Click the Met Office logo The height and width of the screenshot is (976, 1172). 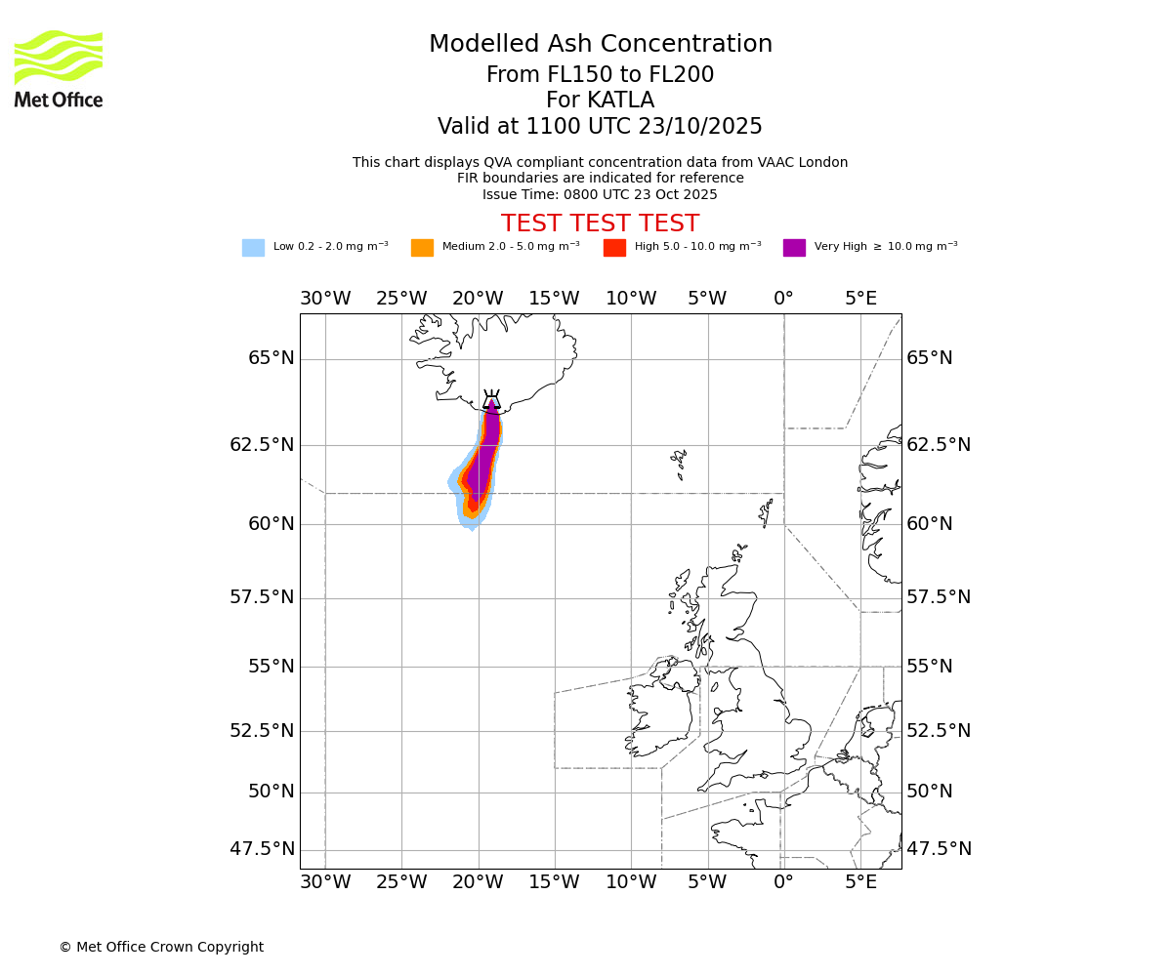[x=59, y=68]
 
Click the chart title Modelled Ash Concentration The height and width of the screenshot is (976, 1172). [x=600, y=45]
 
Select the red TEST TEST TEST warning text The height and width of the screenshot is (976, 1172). [x=600, y=224]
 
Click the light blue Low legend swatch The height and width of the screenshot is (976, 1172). [x=253, y=248]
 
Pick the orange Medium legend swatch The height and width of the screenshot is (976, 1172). [x=422, y=248]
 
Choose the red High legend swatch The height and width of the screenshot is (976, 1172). [x=614, y=248]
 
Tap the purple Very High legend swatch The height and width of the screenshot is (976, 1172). [x=794, y=248]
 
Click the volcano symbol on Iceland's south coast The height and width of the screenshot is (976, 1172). [x=491, y=400]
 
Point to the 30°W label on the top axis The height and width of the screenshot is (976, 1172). [x=324, y=298]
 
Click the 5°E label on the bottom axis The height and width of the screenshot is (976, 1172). [x=860, y=883]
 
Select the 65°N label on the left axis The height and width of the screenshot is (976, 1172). [x=271, y=358]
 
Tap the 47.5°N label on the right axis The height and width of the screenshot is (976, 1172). [x=939, y=849]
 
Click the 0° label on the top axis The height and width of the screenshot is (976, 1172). [x=783, y=298]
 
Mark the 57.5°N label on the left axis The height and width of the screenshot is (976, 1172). [x=262, y=597]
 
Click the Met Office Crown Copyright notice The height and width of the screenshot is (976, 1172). [x=161, y=947]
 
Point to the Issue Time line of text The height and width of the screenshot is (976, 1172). [x=600, y=194]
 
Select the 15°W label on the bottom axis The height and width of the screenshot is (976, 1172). [x=554, y=883]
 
